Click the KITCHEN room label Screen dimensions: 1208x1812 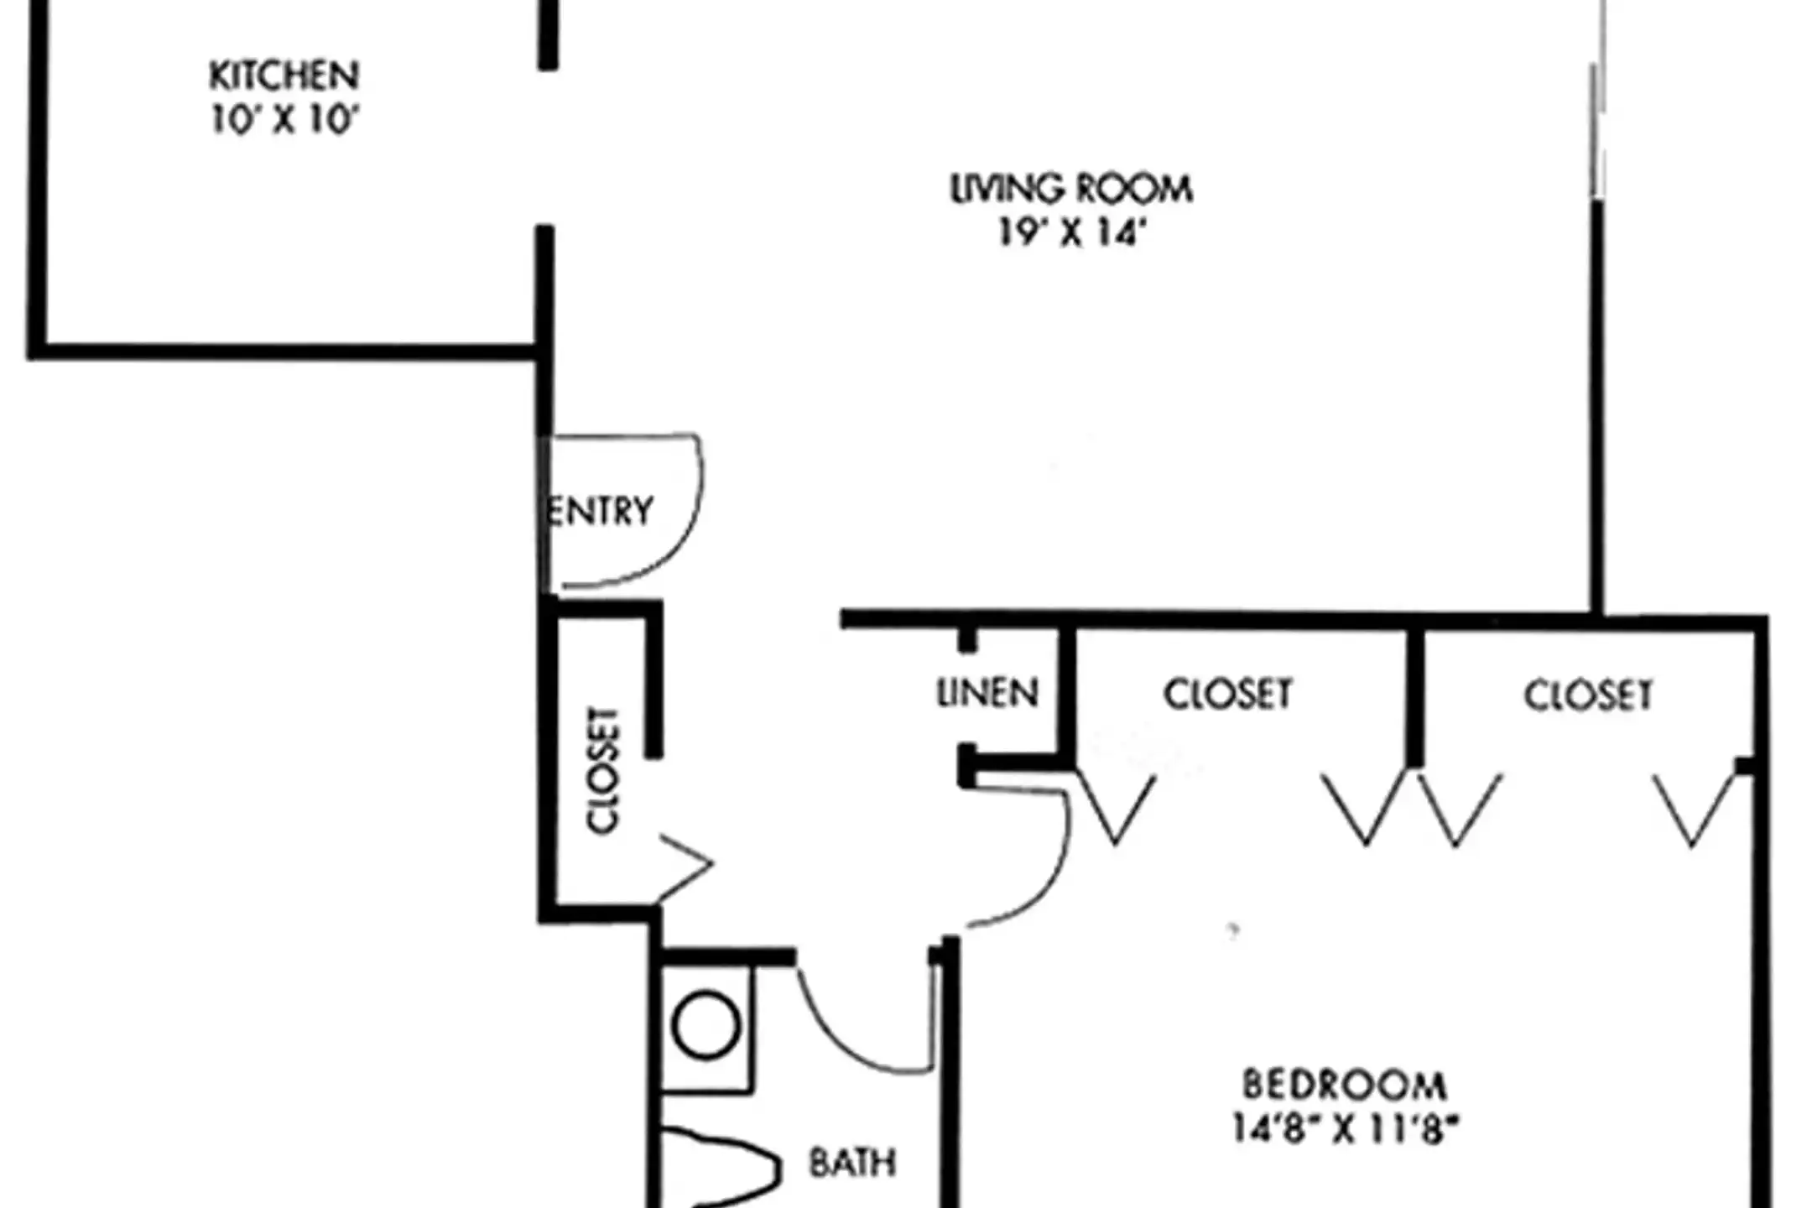point(284,75)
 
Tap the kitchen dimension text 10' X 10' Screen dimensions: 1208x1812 point(284,120)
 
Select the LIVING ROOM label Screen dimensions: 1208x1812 point(1071,189)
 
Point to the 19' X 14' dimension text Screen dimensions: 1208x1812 point(1071,232)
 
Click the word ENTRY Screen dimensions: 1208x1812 point(599,510)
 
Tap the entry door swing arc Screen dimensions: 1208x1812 point(684,537)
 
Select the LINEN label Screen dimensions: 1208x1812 point(987,693)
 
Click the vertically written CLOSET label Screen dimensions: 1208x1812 point(602,770)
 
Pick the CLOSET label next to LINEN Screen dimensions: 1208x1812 point(1227,695)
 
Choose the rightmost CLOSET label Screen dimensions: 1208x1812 point(1588,695)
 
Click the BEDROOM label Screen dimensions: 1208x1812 point(1344,1085)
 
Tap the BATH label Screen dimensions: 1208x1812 point(852,1163)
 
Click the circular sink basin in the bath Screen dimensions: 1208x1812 point(706,1025)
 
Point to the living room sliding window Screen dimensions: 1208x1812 point(1598,101)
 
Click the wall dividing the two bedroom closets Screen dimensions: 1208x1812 point(1414,696)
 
